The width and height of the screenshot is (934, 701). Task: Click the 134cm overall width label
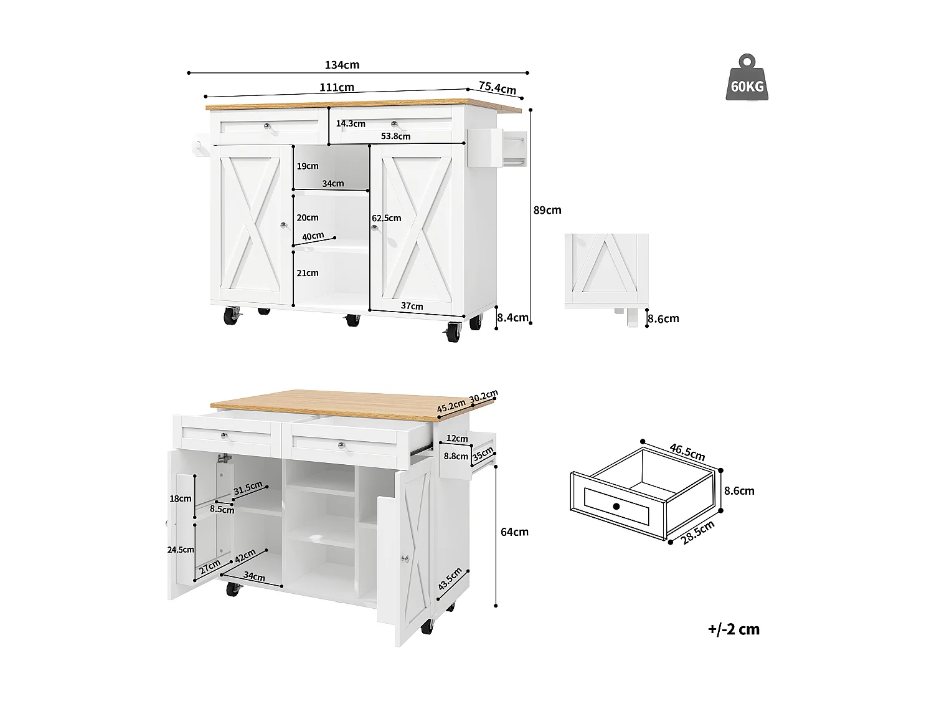[342, 65]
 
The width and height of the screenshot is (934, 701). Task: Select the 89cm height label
[547, 210]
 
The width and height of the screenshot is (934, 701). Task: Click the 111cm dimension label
[337, 87]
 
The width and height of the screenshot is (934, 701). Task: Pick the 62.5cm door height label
[386, 218]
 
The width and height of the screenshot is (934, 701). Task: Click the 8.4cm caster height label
[512, 318]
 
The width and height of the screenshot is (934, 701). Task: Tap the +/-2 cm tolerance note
[734, 629]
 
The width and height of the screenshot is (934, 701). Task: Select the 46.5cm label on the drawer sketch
[687, 452]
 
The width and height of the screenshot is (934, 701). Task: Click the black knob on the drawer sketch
[616, 506]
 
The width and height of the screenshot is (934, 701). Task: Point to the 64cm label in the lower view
[514, 532]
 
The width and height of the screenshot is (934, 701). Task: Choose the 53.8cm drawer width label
[395, 136]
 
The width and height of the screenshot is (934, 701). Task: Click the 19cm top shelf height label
[308, 166]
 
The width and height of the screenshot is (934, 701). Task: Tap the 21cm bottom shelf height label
[308, 273]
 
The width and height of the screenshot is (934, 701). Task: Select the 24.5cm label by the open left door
[181, 550]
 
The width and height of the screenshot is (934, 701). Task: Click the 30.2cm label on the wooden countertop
[483, 396]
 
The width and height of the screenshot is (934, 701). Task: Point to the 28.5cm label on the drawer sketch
[697, 533]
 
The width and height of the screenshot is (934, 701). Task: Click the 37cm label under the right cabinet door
[412, 306]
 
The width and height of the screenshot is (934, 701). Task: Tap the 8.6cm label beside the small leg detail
[663, 318]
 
